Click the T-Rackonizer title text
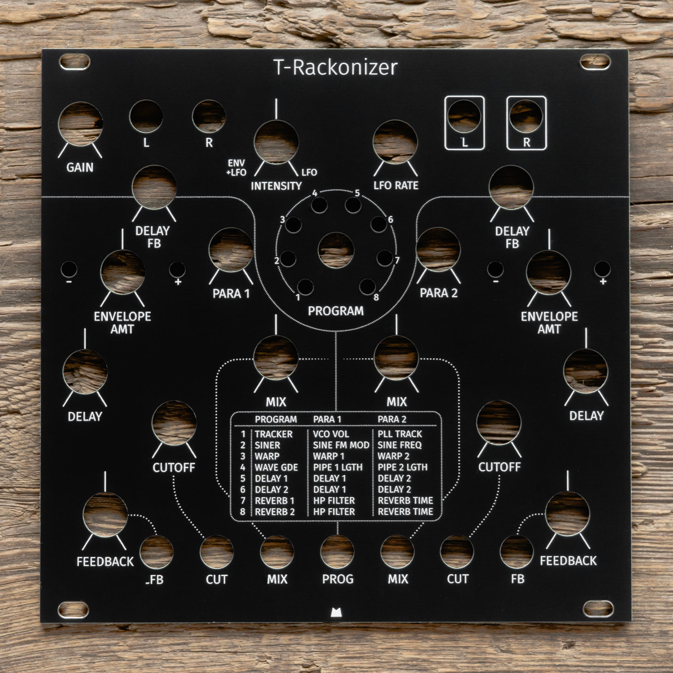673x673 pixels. pos(335,67)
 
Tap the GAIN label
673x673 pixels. pos(80,167)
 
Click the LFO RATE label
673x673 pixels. pos(396,185)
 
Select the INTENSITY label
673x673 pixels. pos(276,186)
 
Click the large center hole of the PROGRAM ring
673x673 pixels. pos(336,250)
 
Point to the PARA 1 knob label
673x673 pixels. pos(231,294)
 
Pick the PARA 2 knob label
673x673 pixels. pos(439,293)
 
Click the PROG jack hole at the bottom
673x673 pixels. pos(337,552)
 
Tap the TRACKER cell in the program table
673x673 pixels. pos(274,434)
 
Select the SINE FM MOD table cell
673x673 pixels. pos(341,445)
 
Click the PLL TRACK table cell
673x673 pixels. pos(399,434)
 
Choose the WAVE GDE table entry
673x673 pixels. pos(276,467)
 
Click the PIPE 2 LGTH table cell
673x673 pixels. pos(402,467)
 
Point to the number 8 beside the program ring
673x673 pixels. pos(376,297)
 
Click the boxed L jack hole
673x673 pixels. pos(464,116)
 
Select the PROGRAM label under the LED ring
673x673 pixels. pos(335,311)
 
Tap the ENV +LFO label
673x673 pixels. pos(237,168)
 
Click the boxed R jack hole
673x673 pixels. pos(526,116)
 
